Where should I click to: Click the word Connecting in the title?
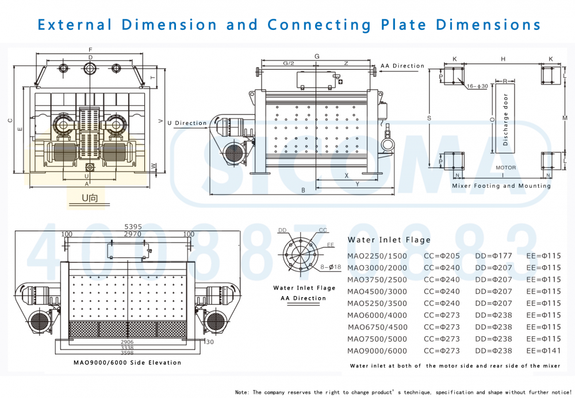319,25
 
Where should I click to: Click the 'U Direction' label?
186,123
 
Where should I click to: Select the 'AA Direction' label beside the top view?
402,66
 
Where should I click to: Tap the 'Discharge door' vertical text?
506,120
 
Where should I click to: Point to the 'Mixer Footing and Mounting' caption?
501,185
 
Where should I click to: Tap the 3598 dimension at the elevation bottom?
127,353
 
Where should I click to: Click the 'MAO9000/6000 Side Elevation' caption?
127,363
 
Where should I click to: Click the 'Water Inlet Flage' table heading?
389,240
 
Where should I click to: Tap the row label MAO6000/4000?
377,315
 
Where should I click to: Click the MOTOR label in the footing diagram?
505,168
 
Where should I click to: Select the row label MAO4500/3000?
377,291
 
